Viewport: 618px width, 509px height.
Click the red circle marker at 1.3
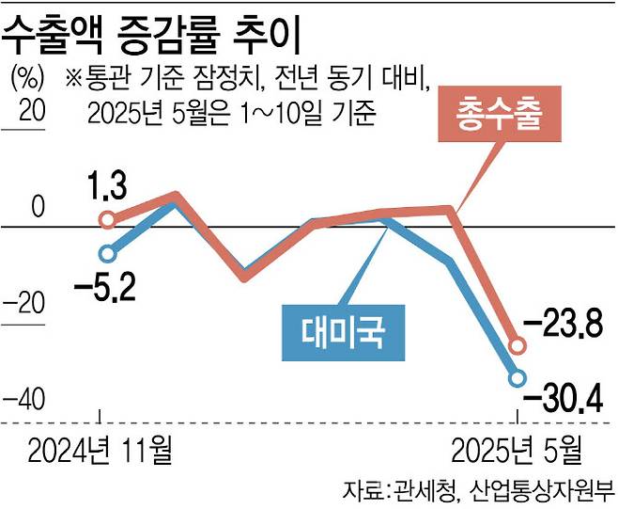108,220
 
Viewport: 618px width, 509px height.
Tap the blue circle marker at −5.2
108,253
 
